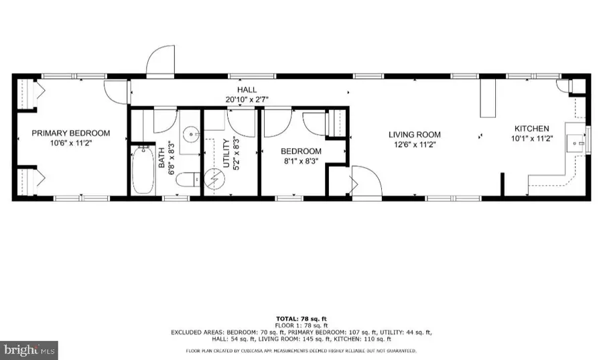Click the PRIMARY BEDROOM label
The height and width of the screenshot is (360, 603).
[71, 133]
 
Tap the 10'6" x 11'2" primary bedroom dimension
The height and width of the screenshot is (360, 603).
[71, 143]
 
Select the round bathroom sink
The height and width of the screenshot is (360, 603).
[192, 134]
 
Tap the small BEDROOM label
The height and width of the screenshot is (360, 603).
[300, 152]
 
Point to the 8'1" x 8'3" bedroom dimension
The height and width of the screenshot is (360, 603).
[300, 161]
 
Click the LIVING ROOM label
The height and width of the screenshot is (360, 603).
[415, 135]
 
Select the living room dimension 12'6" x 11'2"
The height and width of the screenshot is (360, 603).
[415, 145]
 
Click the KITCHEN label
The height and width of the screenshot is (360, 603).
[531, 129]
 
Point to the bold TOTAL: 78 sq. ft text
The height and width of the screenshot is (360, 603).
[301, 318]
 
